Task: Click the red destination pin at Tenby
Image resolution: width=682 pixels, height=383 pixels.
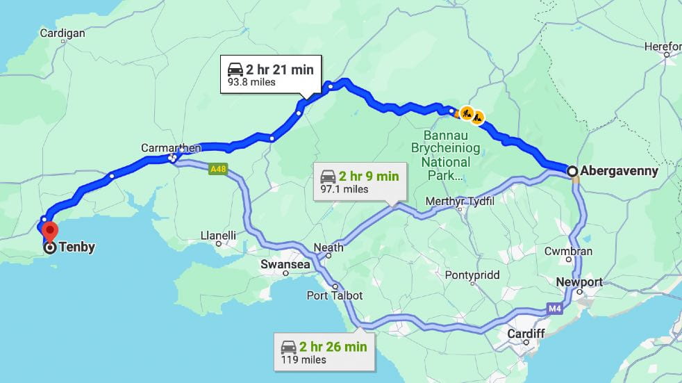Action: pyautogui.click(x=49, y=230)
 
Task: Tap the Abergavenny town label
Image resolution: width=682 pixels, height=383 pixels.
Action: pyautogui.click(x=620, y=171)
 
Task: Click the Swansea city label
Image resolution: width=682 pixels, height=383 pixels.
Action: pyautogui.click(x=285, y=264)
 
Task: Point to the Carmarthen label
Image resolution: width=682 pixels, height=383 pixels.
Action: pyautogui.click(x=171, y=148)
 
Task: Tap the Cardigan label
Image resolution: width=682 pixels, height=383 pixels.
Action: pyautogui.click(x=63, y=33)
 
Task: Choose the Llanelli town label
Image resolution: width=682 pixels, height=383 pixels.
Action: pyautogui.click(x=218, y=236)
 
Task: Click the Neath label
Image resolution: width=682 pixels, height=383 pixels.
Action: pyautogui.click(x=328, y=247)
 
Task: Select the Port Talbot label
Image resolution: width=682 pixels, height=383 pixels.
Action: pyautogui.click(x=335, y=295)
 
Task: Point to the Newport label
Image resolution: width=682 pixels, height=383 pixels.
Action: pyautogui.click(x=579, y=282)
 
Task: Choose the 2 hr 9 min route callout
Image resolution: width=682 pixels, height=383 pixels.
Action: pyautogui.click(x=359, y=181)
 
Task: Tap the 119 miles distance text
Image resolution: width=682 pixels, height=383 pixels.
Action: pyautogui.click(x=303, y=360)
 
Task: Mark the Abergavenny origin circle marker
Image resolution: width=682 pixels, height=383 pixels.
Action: pyautogui.click(x=572, y=171)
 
